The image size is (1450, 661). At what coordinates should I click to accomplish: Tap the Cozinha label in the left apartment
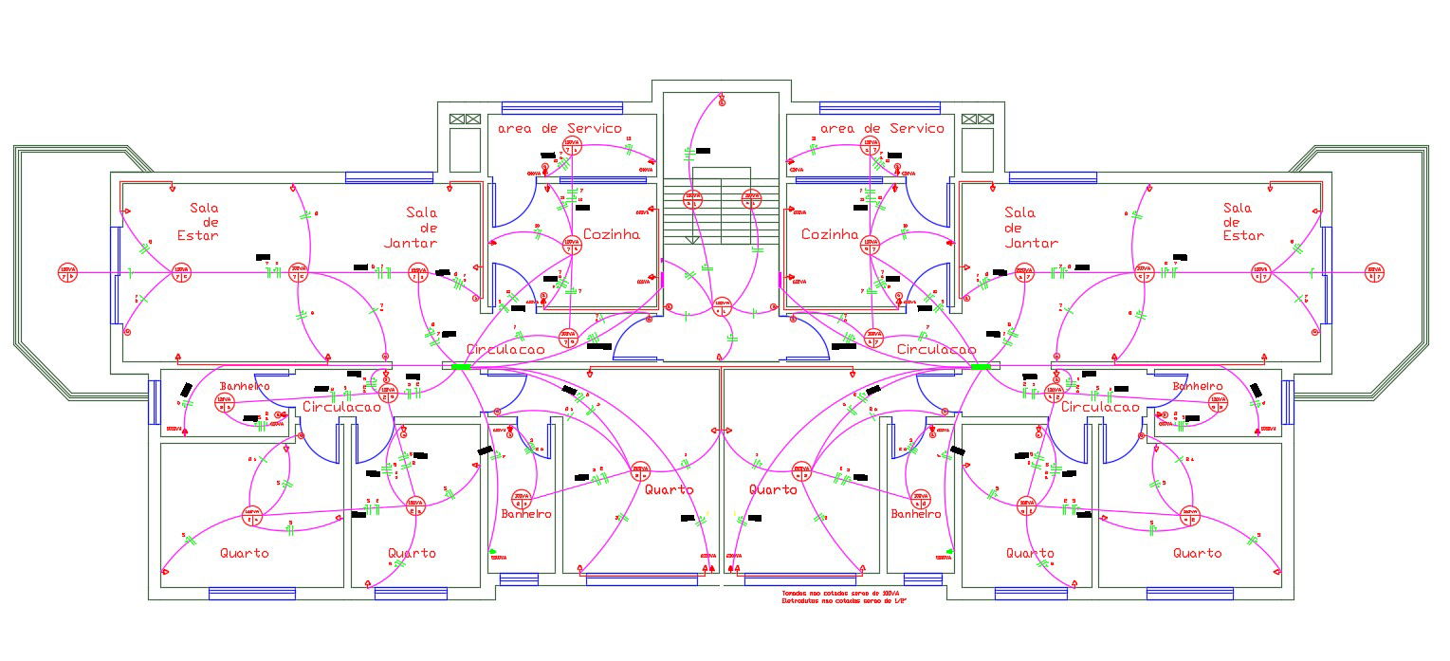(x=611, y=234)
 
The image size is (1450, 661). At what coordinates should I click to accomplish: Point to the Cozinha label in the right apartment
(x=830, y=234)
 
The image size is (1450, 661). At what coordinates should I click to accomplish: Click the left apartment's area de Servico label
(x=560, y=128)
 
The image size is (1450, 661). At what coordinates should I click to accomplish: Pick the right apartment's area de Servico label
(x=882, y=128)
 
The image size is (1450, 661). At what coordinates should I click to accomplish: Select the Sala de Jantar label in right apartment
(x=1031, y=228)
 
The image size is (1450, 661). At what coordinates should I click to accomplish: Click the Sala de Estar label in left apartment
(x=204, y=221)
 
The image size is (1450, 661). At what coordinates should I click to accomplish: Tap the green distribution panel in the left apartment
(x=461, y=366)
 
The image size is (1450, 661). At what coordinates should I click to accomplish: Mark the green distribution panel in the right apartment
(x=981, y=366)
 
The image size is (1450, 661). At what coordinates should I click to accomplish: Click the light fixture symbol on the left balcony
(x=67, y=272)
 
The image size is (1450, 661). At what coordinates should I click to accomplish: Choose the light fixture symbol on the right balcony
(x=1374, y=272)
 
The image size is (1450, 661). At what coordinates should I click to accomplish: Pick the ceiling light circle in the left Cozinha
(x=572, y=244)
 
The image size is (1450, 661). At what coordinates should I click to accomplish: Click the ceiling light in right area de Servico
(x=870, y=146)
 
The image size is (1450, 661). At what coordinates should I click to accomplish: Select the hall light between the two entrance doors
(x=723, y=305)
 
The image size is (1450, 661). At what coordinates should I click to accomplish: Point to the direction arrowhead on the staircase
(x=692, y=240)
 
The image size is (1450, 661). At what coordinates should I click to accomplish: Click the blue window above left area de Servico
(x=561, y=106)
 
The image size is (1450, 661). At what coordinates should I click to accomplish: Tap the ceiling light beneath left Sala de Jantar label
(x=418, y=273)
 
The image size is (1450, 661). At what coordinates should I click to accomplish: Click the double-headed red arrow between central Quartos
(x=724, y=431)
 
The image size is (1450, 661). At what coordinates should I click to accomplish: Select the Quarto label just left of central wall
(x=669, y=489)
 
